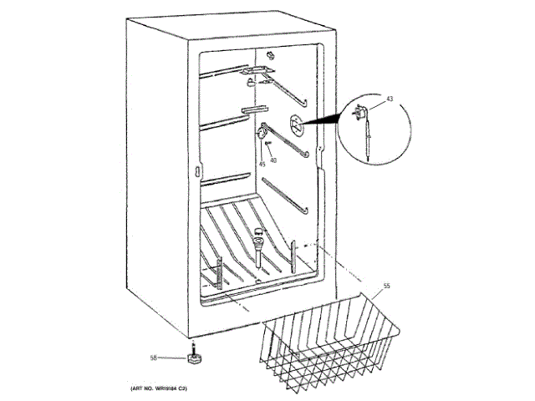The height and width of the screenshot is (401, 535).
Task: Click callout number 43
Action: point(389,99)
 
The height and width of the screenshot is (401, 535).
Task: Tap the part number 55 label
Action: point(387,287)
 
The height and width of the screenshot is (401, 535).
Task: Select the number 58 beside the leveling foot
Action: point(154,358)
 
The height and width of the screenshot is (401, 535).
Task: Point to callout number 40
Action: point(273,160)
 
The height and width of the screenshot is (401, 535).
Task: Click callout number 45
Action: point(262,164)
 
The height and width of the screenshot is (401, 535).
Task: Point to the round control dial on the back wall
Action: point(295,124)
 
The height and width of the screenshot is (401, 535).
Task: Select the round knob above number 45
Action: point(261,134)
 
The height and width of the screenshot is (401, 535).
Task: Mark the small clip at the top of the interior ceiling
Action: point(269,53)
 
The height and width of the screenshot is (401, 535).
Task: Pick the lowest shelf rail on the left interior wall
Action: point(226,179)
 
